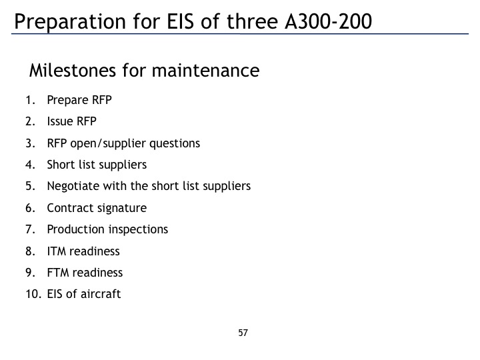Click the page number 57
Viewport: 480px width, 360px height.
[243, 333]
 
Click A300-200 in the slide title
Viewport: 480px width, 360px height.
[328, 21]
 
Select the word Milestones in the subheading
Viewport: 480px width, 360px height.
[73, 70]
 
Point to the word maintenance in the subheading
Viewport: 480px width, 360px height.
[206, 71]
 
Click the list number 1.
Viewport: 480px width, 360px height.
[31, 100]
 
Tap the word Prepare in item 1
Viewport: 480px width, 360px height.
[67, 101]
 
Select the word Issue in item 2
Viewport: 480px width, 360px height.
[60, 121]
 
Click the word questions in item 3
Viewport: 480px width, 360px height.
[175, 143]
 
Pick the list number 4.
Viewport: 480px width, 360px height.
[30, 165]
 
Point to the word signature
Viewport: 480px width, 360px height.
[122, 209]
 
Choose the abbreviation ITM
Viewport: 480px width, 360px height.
[57, 251]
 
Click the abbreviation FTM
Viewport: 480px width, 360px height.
[58, 273]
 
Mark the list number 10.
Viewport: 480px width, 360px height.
[33, 294]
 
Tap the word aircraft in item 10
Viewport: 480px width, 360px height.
[101, 294]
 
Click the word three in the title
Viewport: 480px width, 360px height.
[252, 21]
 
